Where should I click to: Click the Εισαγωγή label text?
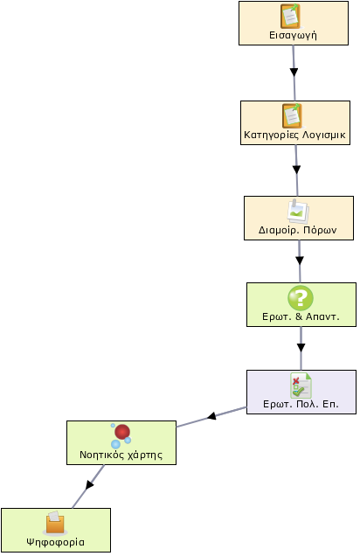click(293, 36)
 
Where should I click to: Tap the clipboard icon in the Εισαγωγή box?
click(291, 17)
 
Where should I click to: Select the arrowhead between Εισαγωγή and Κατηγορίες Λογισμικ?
click(294, 72)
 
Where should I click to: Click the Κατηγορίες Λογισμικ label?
click(294, 135)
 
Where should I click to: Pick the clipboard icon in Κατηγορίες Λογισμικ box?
click(293, 116)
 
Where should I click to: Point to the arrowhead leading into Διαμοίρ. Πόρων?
click(296, 169)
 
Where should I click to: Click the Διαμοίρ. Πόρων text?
click(298, 230)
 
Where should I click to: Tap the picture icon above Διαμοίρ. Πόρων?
click(298, 212)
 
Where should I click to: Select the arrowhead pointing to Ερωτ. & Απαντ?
click(300, 261)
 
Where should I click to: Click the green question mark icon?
click(301, 298)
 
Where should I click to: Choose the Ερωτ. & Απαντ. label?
click(301, 316)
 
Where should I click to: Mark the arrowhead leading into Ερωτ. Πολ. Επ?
click(301, 348)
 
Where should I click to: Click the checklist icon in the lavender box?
click(301, 386)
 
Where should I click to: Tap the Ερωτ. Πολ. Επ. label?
click(301, 404)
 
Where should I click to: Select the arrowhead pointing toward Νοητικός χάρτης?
click(211, 415)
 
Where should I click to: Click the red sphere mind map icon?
click(121, 436)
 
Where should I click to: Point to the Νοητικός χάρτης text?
click(121, 455)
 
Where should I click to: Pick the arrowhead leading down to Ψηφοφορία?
click(90, 484)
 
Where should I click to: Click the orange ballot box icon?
click(55, 523)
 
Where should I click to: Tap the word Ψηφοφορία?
click(56, 542)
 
